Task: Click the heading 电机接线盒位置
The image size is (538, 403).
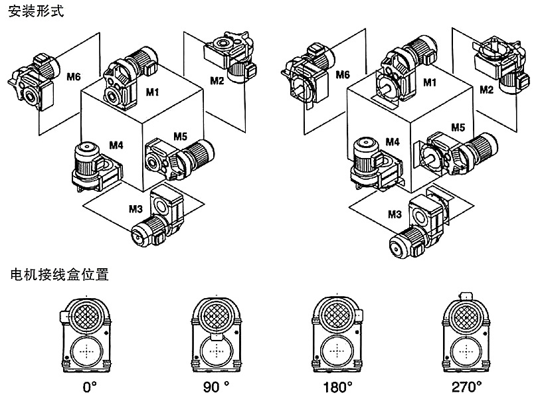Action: click(59, 274)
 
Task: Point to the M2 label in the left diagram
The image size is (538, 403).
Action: click(217, 81)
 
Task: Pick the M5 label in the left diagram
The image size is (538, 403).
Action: click(180, 136)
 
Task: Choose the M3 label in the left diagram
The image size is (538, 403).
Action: click(135, 208)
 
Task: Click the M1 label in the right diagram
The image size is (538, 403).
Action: click(430, 82)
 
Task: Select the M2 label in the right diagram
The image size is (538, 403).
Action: click(487, 89)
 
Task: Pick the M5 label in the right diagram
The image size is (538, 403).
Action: click(458, 127)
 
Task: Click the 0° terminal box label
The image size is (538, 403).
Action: click(86, 385)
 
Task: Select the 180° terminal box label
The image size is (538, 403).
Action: click(342, 385)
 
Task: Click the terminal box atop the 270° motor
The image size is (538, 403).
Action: click(467, 295)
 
